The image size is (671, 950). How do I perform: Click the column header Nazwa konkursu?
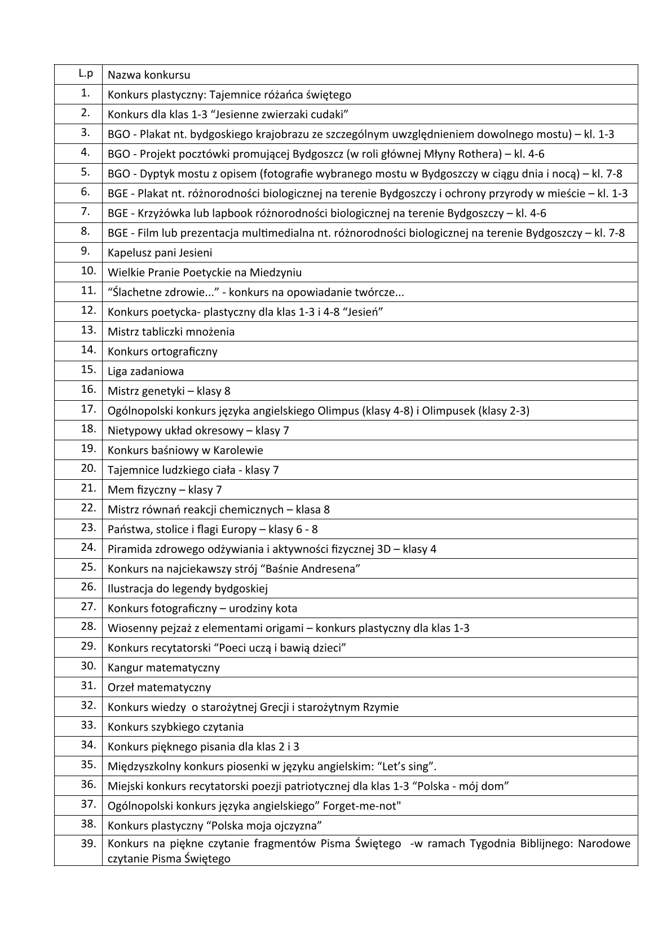(149, 75)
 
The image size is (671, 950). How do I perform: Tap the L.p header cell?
(86, 73)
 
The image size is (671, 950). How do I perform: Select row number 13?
(89, 330)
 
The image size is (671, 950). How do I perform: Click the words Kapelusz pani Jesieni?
(160, 253)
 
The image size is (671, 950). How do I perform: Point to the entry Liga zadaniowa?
(145, 371)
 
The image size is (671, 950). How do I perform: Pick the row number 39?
(89, 844)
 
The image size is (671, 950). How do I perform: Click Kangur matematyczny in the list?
(164, 668)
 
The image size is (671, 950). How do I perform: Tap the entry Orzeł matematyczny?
(159, 688)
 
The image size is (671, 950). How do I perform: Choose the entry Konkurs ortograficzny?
(162, 352)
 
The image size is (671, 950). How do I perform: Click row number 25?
(89, 567)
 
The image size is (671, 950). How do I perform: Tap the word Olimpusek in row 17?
(451, 411)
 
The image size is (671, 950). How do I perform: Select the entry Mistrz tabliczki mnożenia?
(171, 332)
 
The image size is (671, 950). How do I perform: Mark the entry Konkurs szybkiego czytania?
(175, 727)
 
